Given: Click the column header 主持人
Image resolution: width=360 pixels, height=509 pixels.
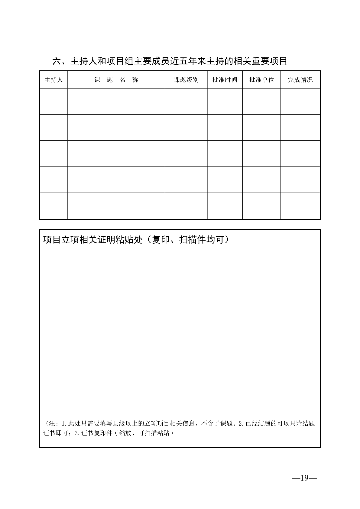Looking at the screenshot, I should click(54, 80).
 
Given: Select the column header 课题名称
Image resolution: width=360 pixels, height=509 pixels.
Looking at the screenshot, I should click(116, 80).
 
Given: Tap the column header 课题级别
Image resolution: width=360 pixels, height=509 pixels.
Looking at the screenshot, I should click(186, 80).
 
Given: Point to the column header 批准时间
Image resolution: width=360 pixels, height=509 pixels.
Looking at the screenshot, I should click(225, 80).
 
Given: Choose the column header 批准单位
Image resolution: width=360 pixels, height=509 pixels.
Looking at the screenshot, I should click(261, 80).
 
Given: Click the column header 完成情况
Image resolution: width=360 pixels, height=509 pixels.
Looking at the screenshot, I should click(300, 80).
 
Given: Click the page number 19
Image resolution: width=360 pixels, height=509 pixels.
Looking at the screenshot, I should click(304, 478).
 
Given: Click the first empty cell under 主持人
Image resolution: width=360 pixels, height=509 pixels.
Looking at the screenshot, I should click(54, 101).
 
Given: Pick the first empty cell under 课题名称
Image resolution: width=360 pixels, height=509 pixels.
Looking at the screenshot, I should click(116, 101).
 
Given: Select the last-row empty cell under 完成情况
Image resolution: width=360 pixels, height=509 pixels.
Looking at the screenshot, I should click(300, 206).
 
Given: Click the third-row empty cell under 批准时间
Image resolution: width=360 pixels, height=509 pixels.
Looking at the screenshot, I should click(225, 154).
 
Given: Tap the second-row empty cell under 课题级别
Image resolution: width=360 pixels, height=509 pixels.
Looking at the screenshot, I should click(186, 127).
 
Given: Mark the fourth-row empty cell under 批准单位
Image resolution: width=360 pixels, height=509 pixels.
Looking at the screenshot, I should click(261, 180).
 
